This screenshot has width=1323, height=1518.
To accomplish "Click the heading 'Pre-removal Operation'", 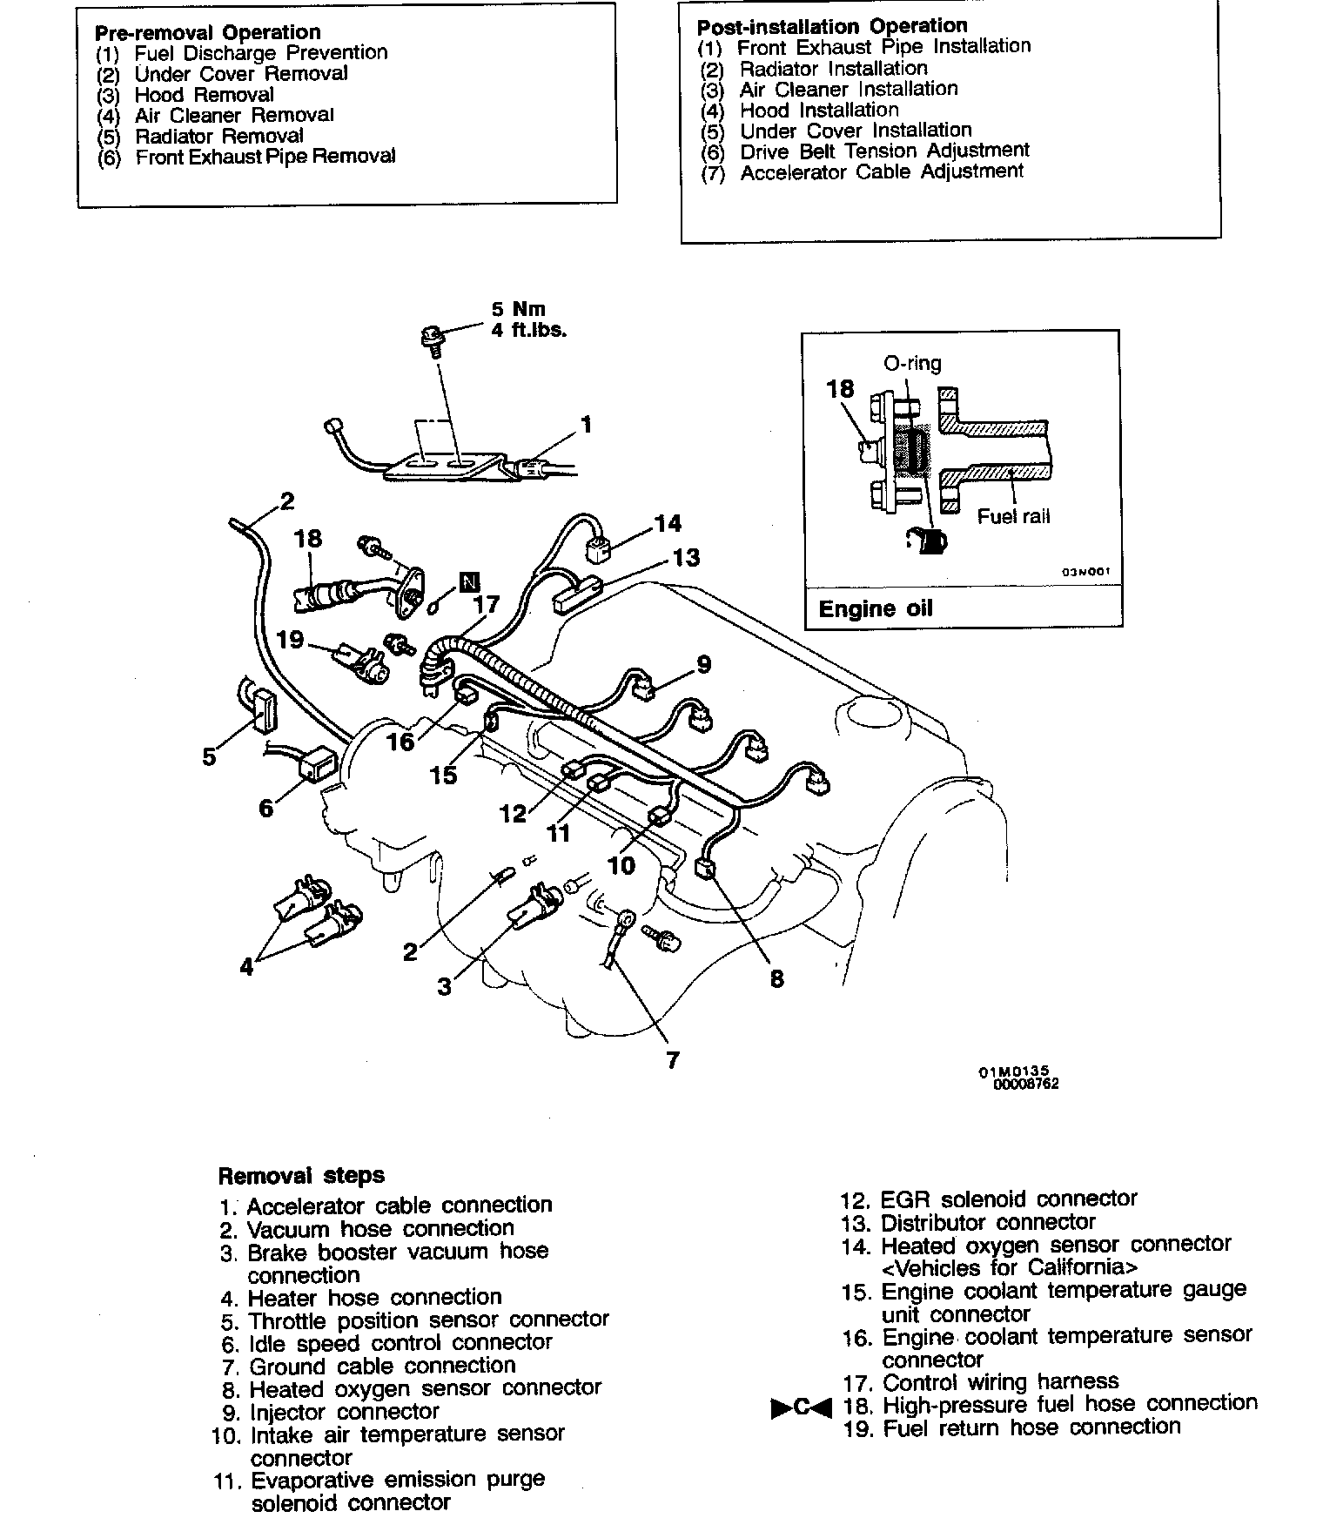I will (x=207, y=33).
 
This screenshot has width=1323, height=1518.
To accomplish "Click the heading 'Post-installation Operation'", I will (x=831, y=26).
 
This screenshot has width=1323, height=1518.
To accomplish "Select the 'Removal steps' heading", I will (x=301, y=1176).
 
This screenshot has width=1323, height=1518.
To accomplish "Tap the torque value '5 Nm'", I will (x=519, y=310).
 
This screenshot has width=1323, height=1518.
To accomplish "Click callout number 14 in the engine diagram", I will (x=668, y=523).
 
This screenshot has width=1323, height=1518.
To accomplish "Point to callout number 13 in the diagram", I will (x=686, y=557).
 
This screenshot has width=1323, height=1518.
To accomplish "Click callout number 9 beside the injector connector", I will (x=703, y=665).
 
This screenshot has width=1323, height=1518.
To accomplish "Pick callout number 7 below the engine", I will (x=672, y=1060).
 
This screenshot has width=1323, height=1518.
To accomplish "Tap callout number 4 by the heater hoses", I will (x=246, y=966).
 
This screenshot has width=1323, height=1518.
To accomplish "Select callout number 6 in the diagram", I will (x=265, y=809).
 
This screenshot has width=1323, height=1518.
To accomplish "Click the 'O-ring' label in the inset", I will (x=912, y=364).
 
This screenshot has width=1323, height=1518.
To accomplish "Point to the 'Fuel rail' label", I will (x=1013, y=517).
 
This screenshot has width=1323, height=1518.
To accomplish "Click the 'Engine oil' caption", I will (x=875, y=608).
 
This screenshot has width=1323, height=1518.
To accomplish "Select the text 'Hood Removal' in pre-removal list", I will (x=204, y=95).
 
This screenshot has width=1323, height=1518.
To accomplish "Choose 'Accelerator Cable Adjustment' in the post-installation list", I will (x=882, y=171).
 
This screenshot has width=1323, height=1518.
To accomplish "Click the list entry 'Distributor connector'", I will (x=988, y=1223).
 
